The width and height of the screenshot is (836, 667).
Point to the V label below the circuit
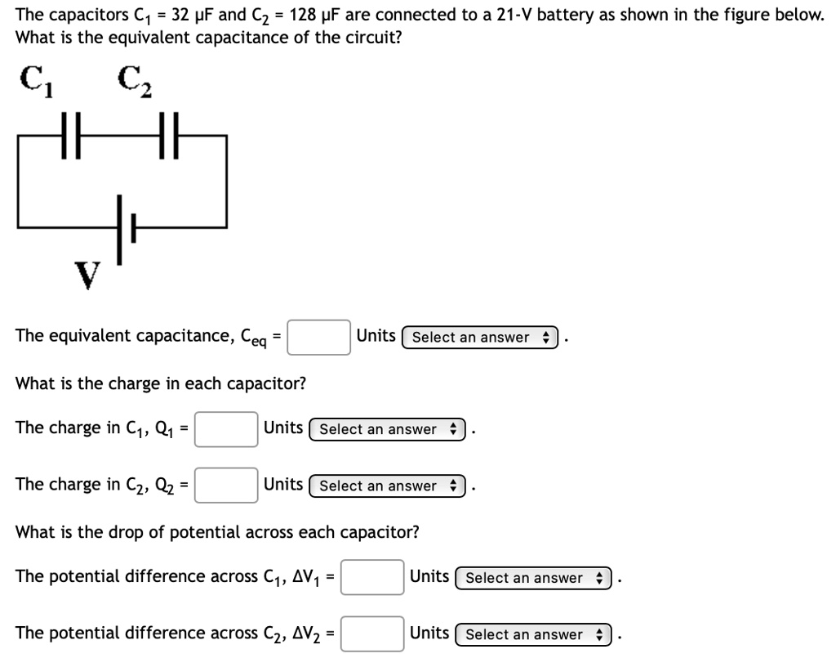click(x=87, y=275)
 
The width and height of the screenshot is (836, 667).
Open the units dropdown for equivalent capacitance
click(x=480, y=337)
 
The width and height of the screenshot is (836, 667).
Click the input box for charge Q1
click(x=227, y=429)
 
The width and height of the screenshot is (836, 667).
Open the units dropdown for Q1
click(x=387, y=429)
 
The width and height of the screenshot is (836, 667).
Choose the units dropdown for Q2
click(x=387, y=486)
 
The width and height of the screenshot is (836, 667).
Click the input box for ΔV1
click(x=372, y=577)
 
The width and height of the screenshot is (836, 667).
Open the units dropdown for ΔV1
click(x=533, y=578)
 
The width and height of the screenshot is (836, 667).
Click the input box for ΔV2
click(x=372, y=634)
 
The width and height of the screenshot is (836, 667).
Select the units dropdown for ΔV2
click(x=533, y=634)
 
